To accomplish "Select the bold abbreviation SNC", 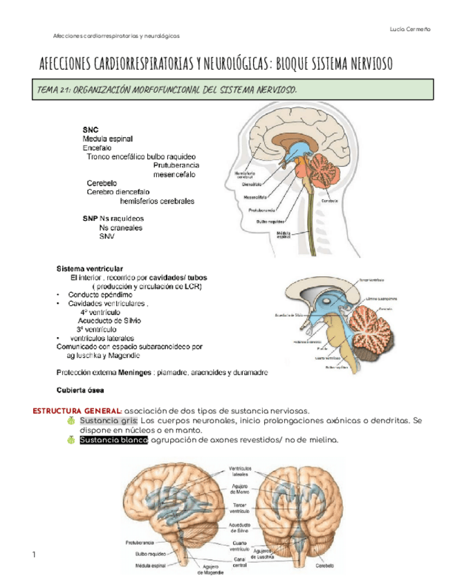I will [x=90, y=129].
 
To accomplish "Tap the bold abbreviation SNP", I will [x=90, y=217].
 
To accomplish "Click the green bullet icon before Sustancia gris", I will [x=71, y=421].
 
